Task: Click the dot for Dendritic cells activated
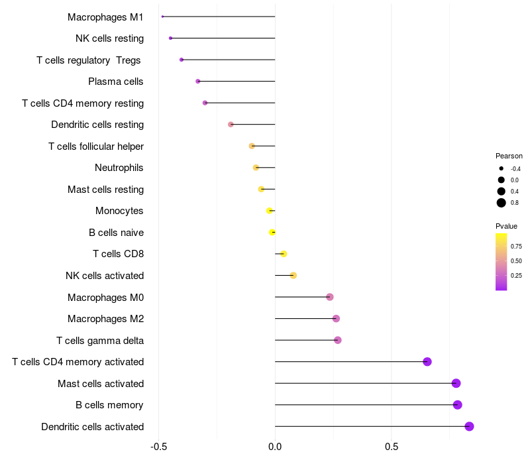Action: [x=469, y=426]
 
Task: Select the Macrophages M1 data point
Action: [x=162, y=17]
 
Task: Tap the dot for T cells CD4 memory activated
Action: [x=427, y=361]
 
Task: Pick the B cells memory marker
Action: [x=457, y=405]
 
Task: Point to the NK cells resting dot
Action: [x=170, y=38]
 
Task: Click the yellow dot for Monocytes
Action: [x=270, y=211]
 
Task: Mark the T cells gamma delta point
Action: [x=338, y=340]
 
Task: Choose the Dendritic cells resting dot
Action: [x=231, y=125]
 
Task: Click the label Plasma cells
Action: [x=116, y=82]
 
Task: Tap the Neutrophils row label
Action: [x=119, y=168]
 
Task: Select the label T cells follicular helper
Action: [x=96, y=146]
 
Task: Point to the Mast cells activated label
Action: [x=101, y=383]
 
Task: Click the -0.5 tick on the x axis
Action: [x=158, y=447]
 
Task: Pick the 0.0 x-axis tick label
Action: [x=275, y=447]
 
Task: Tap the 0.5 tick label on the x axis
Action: [x=392, y=447]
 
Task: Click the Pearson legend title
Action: [x=509, y=156]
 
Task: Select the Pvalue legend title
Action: [x=507, y=226]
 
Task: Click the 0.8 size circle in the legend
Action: [x=502, y=203]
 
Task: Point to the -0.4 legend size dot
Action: [x=502, y=169]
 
